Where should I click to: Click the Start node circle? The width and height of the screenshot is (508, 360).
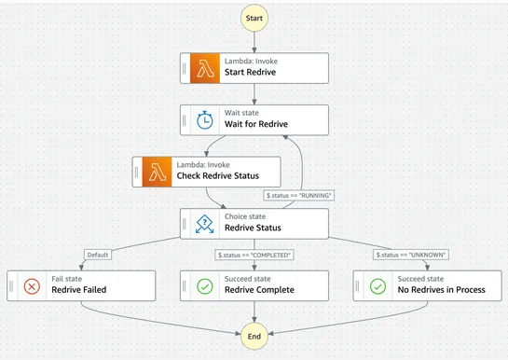point(254,19)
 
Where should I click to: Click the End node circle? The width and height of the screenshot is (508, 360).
point(254,337)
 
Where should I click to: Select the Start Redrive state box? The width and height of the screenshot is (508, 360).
point(254,67)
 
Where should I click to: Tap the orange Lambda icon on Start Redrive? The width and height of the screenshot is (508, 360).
point(205,67)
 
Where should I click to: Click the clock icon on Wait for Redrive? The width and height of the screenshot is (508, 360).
point(205,119)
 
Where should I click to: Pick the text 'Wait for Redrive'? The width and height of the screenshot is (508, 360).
point(256,125)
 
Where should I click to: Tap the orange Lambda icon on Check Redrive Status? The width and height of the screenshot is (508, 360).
point(158,171)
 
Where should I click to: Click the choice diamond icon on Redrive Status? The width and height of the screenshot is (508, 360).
point(205,223)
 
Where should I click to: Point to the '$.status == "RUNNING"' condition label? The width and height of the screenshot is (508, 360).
point(300,196)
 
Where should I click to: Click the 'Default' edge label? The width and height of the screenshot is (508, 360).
point(97,255)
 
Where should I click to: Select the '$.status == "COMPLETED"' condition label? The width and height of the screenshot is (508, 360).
point(254,255)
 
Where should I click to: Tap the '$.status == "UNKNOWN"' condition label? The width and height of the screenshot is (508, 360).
point(411,255)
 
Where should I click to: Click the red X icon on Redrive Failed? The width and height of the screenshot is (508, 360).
point(32,284)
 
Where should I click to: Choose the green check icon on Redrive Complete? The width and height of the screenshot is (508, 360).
point(205,284)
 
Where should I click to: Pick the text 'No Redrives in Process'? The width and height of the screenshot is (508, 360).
point(442,290)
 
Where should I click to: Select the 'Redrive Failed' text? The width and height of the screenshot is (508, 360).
point(79,290)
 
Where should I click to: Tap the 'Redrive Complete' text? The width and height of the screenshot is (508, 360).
point(260,290)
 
